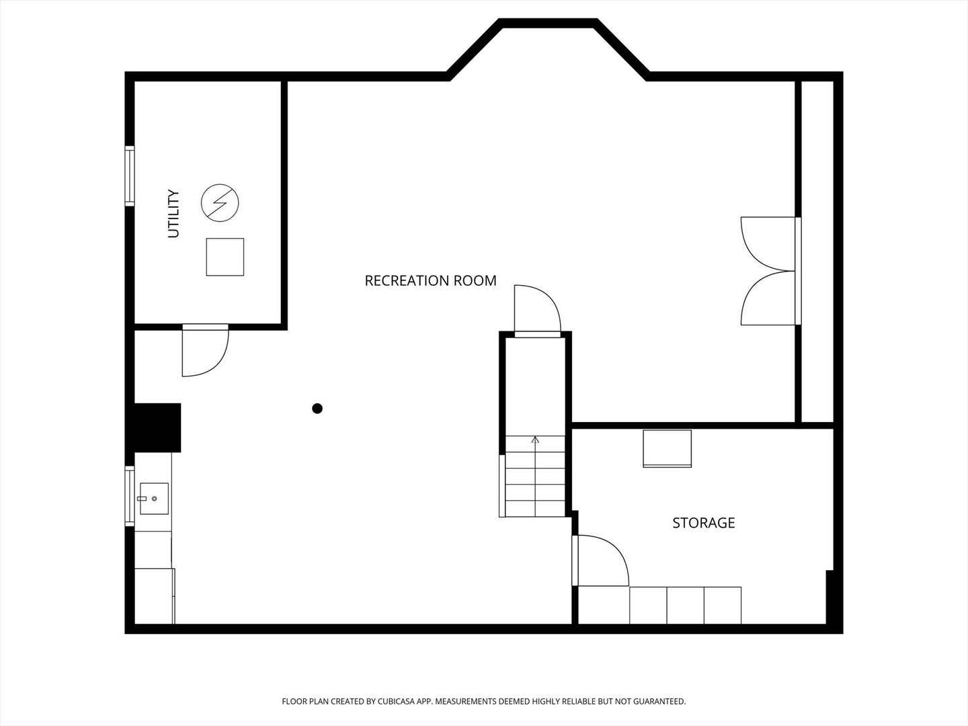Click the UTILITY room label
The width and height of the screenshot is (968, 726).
pos(173,214)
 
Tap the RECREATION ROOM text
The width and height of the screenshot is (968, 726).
pos(430,281)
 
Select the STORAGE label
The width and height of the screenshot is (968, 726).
pos(703,523)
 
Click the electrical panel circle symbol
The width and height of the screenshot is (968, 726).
pos(220,203)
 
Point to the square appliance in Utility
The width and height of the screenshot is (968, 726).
pos(225,257)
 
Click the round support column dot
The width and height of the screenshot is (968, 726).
pos(317,409)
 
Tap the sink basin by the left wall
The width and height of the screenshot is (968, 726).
pos(155,499)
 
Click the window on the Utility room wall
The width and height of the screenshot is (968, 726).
pos(130,176)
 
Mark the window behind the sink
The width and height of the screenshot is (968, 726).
pos(130,496)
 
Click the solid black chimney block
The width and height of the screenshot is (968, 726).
pos(157,428)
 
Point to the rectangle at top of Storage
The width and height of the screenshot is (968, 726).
pos(668,448)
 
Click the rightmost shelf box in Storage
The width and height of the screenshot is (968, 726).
pos(723,605)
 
